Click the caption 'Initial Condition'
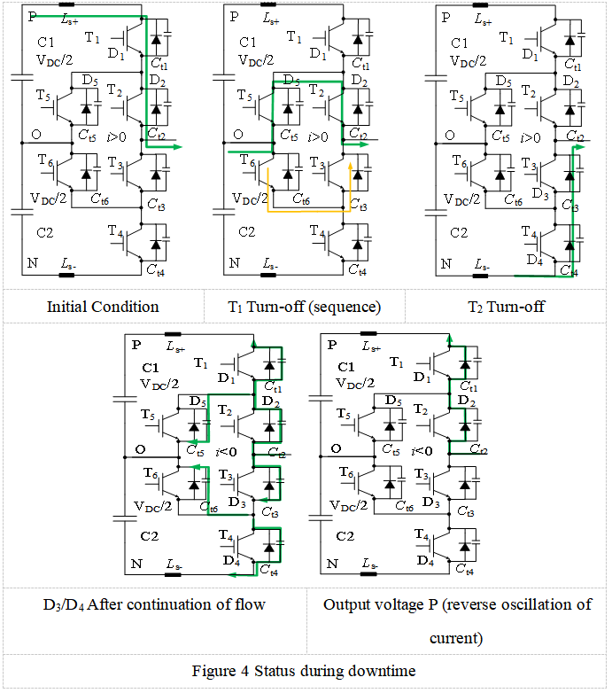103,307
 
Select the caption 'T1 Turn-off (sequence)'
306,307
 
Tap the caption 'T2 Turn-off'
506,307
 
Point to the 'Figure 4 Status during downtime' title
306,670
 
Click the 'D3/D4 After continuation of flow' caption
154,605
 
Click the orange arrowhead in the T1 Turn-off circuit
351,166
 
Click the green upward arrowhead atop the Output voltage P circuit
449,339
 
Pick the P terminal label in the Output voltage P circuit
333,345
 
